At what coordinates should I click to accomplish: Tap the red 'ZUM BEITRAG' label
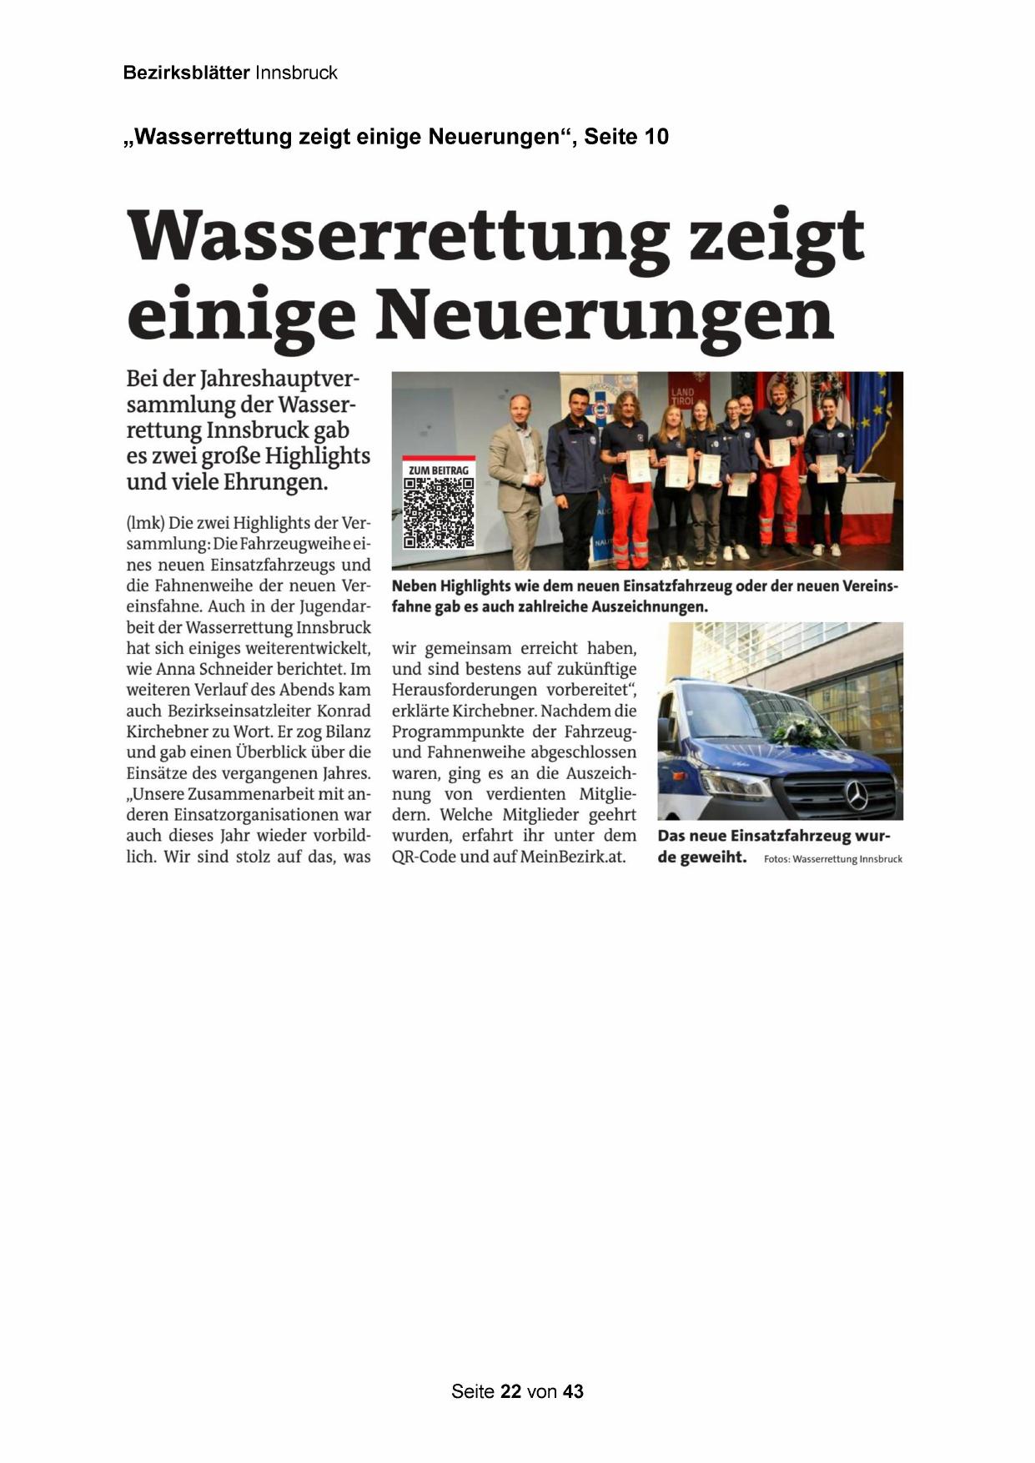[x=439, y=469]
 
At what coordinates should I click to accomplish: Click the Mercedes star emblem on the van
[x=857, y=796]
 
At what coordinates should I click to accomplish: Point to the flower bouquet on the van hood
[x=801, y=731]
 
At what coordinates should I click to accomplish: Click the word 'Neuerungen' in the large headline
[x=605, y=315]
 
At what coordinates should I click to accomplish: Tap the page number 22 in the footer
[x=511, y=1391]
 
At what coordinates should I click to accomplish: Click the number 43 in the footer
[x=574, y=1391]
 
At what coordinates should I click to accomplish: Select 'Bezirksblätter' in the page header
[x=186, y=73]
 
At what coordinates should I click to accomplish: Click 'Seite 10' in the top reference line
[x=626, y=137]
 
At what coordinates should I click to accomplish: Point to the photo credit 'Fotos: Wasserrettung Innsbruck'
[x=832, y=859]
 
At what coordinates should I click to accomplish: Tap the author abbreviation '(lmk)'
[x=146, y=524]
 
